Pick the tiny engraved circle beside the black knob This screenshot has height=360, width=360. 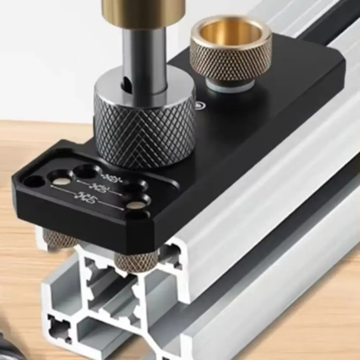coord(199,106)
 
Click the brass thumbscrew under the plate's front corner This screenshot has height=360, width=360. coord(137,260)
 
